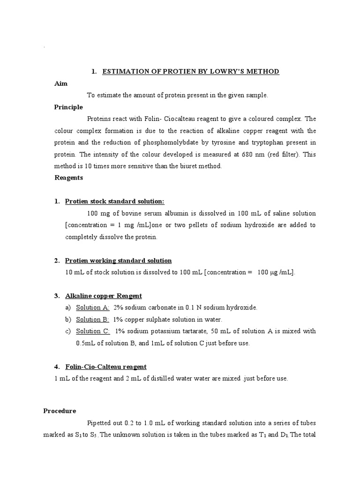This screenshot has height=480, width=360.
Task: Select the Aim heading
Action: coord(61,83)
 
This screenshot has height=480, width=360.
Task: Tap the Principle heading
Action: coord(68,107)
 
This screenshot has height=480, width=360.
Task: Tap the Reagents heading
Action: coord(69,178)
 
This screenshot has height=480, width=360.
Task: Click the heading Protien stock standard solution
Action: coord(114,202)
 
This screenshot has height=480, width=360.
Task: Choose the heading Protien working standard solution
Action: coord(118,261)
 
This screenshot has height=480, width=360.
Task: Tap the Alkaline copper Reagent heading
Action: coord(103,296)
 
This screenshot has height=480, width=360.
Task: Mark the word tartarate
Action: coord(198,331)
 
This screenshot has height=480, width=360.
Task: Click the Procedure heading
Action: coord(60,411)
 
